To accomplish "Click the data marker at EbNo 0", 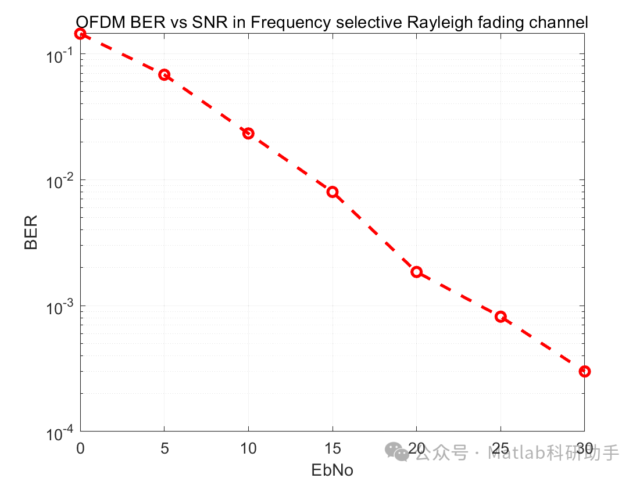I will [80, 34].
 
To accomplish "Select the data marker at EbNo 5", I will [165, 75].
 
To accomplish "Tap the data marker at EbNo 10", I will [248, 134].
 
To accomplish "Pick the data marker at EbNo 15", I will [332, 192].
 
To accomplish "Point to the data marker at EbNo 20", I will [416, 272].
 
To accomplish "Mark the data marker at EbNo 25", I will [500, 317].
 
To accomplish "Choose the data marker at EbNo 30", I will [585, 371].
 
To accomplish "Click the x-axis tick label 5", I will [165, 449].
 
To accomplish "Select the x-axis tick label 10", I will [248, 449].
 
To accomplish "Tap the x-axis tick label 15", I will [332, 449].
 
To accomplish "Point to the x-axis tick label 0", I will [80, 449].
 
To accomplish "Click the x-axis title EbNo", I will [332, 469].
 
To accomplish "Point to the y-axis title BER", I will [31, 232].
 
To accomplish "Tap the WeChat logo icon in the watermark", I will [399, 452].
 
